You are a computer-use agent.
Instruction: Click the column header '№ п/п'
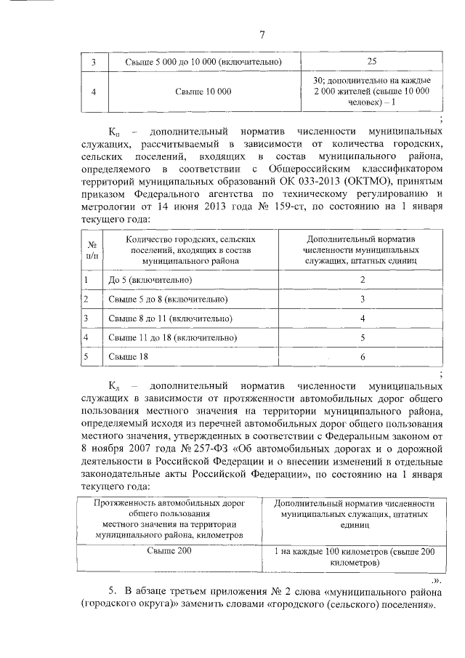(x=93, y=250)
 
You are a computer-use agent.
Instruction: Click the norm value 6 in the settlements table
(x=363, y=358)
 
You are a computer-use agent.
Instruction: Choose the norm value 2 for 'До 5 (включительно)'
(x=363, y=280)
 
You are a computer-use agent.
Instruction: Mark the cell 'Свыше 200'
(x=169, y=551)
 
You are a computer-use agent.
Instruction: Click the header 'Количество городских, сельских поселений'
(x=190, y=248)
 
